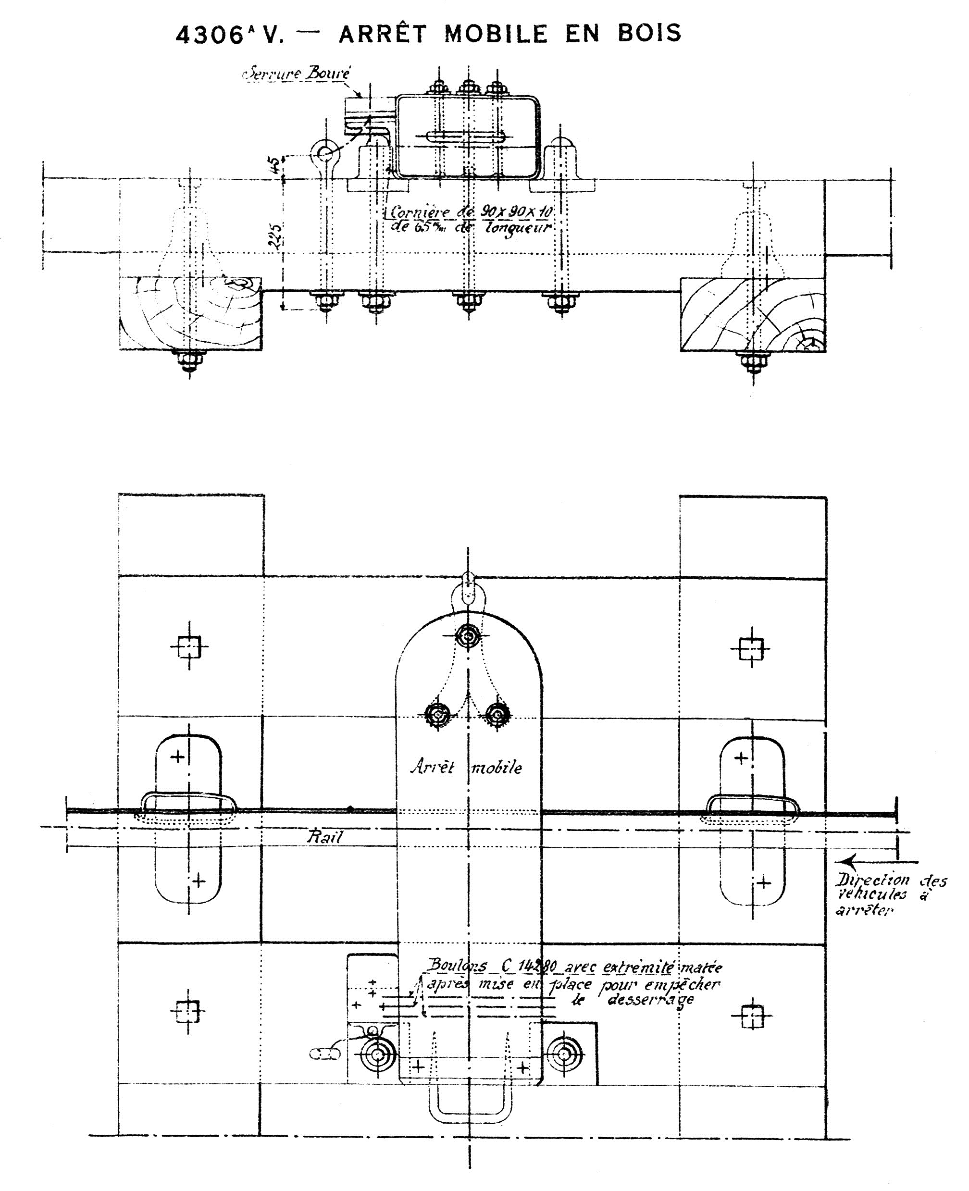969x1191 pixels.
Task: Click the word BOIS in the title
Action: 649,34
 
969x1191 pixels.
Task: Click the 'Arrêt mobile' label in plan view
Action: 466,768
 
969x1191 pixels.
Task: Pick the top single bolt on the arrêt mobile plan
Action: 468,636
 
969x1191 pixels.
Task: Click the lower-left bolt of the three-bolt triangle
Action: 437,714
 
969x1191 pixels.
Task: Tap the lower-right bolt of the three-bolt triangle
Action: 497,713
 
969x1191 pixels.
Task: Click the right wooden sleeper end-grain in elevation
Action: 752,315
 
